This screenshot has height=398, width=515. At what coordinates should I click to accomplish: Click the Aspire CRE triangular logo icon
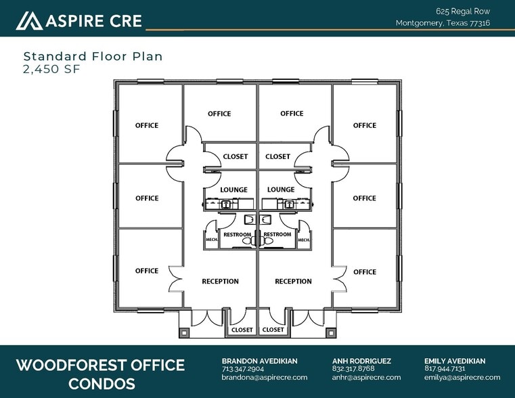pyautogui.click(x=29, y=21)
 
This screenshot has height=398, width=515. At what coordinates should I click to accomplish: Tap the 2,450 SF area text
pyautogui.click(x=51, y=69)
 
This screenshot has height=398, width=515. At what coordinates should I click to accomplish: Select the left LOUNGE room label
pyautogui.click(x=234, y=190)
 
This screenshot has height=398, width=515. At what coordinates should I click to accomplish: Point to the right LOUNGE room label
pyautogui.click(x=281, y=190)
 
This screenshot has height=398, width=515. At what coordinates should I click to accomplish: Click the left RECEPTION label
pyautogui.click(x=220, y=282)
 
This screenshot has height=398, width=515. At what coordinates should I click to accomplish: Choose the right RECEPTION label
pyautogui.click(x=293, y=282)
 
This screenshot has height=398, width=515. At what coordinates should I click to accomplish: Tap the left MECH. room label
pyautogui.click(x=212, y=240)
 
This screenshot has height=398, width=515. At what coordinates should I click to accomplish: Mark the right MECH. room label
pyautogui.click(x=304, y=240)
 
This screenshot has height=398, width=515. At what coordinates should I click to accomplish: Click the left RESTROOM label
pyautogui.click(x=237, y=234)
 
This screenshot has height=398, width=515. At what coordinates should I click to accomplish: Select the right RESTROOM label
pyautogui.click(x=277, y=234)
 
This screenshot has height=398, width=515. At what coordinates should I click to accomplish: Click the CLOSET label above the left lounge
pyautogui.click(x=235, y=156)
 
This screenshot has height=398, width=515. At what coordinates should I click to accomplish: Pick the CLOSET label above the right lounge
pyautogui.click(x=278, y=156)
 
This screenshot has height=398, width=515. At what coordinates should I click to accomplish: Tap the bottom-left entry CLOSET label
pyautogui.click(x=242, y=330)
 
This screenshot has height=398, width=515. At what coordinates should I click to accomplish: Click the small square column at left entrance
pyautogui.click(x=184, y=333)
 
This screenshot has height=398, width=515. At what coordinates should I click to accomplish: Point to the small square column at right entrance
pyautogui.click(x=331, y=333)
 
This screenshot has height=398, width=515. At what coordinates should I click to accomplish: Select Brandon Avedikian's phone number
pyautogui.click(x=243, y=369)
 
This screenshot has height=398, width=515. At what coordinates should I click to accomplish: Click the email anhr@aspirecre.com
pyautogui.click(x=366, y=377)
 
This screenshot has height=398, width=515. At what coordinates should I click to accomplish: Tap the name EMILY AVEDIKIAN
pyautogui.click(x=455, y=361)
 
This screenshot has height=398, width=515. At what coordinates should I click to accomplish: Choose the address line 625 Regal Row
pyautogui.click(x=463, y=12)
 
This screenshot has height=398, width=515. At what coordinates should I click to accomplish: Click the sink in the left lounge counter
pyautogui.click(x=225, y=204)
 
